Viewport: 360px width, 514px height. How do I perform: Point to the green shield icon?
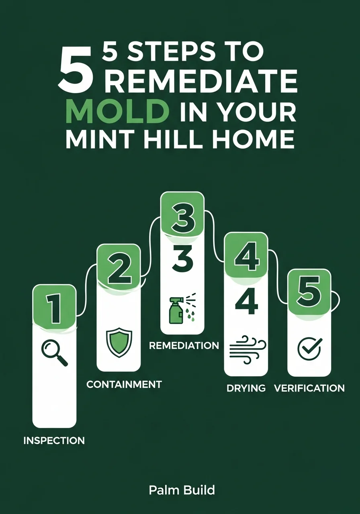pyautogui.click(x=119, y=342)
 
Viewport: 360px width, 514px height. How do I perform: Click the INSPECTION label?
pyautogui.click(x=54, y=440)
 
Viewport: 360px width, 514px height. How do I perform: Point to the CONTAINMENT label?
pyautogui.click(x=124, y=384)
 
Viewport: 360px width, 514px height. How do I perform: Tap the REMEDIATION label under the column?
pyautogui.click(x=184, y=345)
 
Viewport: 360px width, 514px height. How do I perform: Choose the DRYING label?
pyautogui.click(x=246, y=388)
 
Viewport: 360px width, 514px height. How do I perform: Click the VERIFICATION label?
pyautogui.click(x=309, y=388)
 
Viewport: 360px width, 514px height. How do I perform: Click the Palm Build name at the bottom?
pyautogui.click(x=182, y=490)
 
